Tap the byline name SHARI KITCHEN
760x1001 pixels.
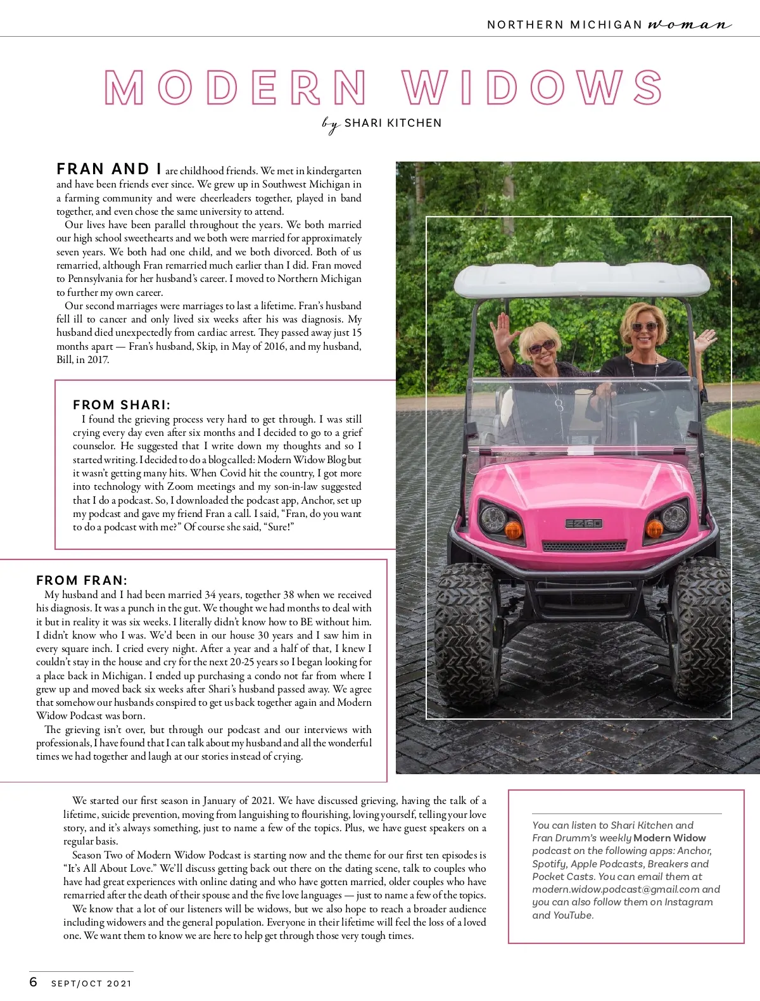tap(393, 123)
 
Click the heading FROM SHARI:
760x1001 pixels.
tap(122, 405)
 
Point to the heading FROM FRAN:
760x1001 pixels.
tap(82, 580)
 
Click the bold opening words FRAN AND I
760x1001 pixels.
tap(108, 169)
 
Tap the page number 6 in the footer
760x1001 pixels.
tap(34, 982)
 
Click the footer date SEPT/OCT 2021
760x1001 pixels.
tap(91, 983)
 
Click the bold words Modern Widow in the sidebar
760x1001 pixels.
tap(669, 838)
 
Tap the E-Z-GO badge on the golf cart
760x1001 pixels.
tap(583, 524)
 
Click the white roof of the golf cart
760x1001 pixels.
tap(581, 279)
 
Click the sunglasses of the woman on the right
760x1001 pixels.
tap(644, 327)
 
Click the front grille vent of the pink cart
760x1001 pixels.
tap(584, 546)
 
